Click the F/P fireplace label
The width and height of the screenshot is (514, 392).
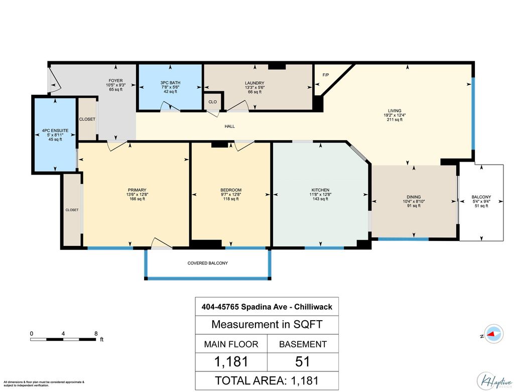pyautogui.click(x=325, y=75)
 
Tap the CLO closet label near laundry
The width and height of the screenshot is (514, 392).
pyautogui.click(x=212, y=102)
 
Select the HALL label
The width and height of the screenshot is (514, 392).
pyautogui.click(x=229, y=126)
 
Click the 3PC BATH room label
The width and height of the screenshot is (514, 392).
pyautogui.click(x=170, y=83)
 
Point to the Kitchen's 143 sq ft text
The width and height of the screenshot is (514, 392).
pyautogui.click(x=320, y=199)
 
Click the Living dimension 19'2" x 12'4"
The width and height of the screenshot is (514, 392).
pyautogui.click(x=395, y=115)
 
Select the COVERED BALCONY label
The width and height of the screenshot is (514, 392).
pyautogui.click(x=207, y=263)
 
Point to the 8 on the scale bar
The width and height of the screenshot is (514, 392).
pyautogui.click(x=95, y=333)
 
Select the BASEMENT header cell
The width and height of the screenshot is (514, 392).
pyautogui.click(x=303, y=344)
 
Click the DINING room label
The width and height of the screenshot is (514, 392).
pyautogui.click(x=414, y=197)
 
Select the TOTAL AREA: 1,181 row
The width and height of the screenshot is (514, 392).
pyautogui.click(x=267, y=380)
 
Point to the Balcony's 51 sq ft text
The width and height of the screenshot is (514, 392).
pyautogui.click(x=481, y=205)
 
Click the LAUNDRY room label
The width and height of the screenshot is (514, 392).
pyautogui.click(x=254, y=83)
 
